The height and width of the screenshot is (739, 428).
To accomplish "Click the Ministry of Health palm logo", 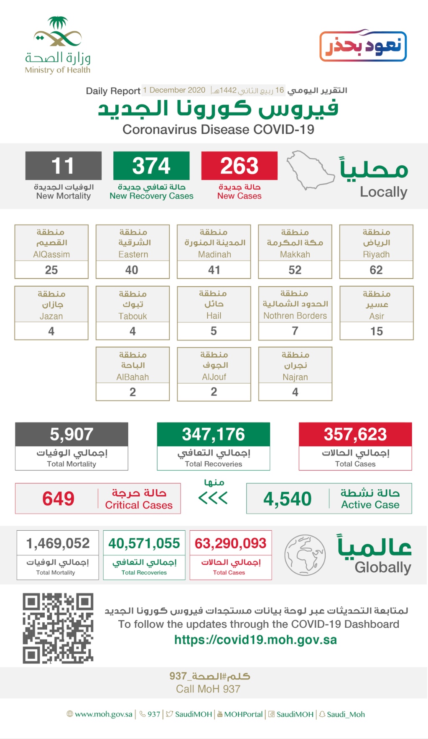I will [58, 32].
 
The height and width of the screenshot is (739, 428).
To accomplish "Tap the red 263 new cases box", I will [239, 166].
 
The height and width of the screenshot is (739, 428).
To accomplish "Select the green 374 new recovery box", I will [151, 166].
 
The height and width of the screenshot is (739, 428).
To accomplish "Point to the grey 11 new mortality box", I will [63, 166].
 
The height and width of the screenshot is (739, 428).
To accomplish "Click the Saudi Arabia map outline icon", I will [310, 171].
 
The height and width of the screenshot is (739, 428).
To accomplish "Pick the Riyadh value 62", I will [376, 270].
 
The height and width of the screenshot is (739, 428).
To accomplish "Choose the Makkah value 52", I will [295, 270].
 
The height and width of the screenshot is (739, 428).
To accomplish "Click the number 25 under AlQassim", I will [51, 270].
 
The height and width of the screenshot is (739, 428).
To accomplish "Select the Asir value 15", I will [377, 331].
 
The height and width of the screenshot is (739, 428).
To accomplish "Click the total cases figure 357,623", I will [355, 435].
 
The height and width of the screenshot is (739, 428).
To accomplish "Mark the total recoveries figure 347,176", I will [213, 435].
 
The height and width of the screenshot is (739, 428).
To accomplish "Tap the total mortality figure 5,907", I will [71, 435].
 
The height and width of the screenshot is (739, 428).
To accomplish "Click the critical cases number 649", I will [59, 499].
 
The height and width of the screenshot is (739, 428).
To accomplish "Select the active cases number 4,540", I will [288, 499].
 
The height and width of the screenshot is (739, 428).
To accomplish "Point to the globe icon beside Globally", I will [305, 555].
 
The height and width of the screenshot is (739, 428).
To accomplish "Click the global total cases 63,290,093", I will [230, 543].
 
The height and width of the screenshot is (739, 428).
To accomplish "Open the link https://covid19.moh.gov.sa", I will [255, 640].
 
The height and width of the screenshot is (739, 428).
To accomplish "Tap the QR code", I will [58, 628].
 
